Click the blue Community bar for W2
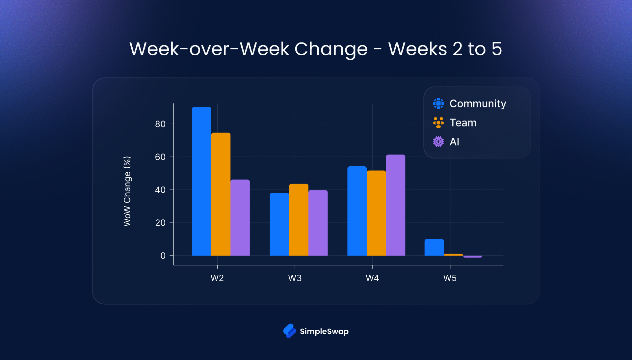click(x=201, y=181)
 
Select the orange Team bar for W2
click(x=221, y=194)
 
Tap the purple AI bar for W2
click(x=240, y=217)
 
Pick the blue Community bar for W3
click(x=279, y=224)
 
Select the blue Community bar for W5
click(x=434, y=247)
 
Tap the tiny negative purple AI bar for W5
click(x=473, y=256)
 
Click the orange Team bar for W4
click(x=376, y=213)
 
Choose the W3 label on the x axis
click(x=295, y=278)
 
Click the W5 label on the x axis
click(x=450, y=278)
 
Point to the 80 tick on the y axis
click(x=160, y=124)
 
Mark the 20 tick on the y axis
click(x=160, y=223)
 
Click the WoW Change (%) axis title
click(x=127, y=191)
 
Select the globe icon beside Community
click(x=438, y=103)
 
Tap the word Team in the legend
click(x=463, y=123)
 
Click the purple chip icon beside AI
click(x=438, y=142)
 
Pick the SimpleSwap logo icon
click(x=290, y=331)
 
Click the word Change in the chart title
click(x=330, y=49)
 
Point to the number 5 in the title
click(x=496, y=49)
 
